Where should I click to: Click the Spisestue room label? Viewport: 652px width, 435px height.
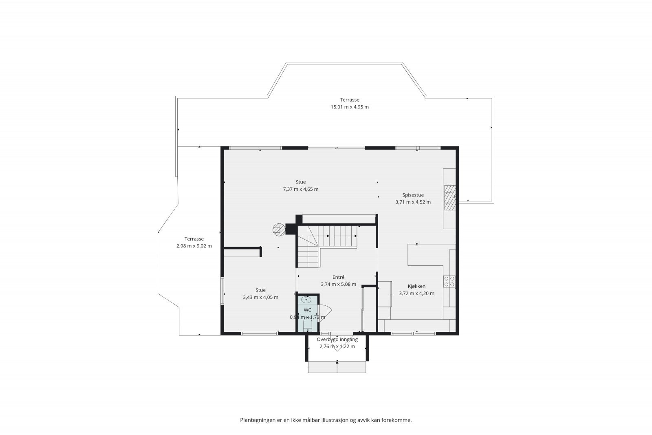click(x=413, y=195)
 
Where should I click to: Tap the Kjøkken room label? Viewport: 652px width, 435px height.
click(x=416, y=286)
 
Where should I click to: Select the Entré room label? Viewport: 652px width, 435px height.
click(x=339, y=277)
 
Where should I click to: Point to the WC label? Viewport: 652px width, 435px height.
click(x=307, y=310)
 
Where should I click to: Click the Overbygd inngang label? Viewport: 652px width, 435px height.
click(x=337, y=339)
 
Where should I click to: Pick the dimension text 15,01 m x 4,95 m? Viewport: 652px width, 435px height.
click(x=350, y=107)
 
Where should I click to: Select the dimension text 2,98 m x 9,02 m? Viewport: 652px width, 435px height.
click(x=194, y=246)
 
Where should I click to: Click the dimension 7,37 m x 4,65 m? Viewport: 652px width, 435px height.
click(x=301, y=189)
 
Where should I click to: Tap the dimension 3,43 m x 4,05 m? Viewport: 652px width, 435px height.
click(x=260, y=297)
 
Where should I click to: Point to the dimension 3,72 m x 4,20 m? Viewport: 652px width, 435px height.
click(x=416, y=294)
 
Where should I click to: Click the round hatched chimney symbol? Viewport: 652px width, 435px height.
click(x=279, y=229)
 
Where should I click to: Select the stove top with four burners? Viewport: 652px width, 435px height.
click(x=449, y=282)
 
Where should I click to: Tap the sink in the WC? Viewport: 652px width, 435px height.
click(x=306, y=299)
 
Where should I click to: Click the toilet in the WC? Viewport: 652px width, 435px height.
click(x=307, y=325)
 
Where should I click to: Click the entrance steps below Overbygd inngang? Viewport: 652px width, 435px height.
click(x=337, y=367)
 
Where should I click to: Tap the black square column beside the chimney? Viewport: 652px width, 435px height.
click(x=291, y=229)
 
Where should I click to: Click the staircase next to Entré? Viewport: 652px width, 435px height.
click(x=326, y=246)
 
